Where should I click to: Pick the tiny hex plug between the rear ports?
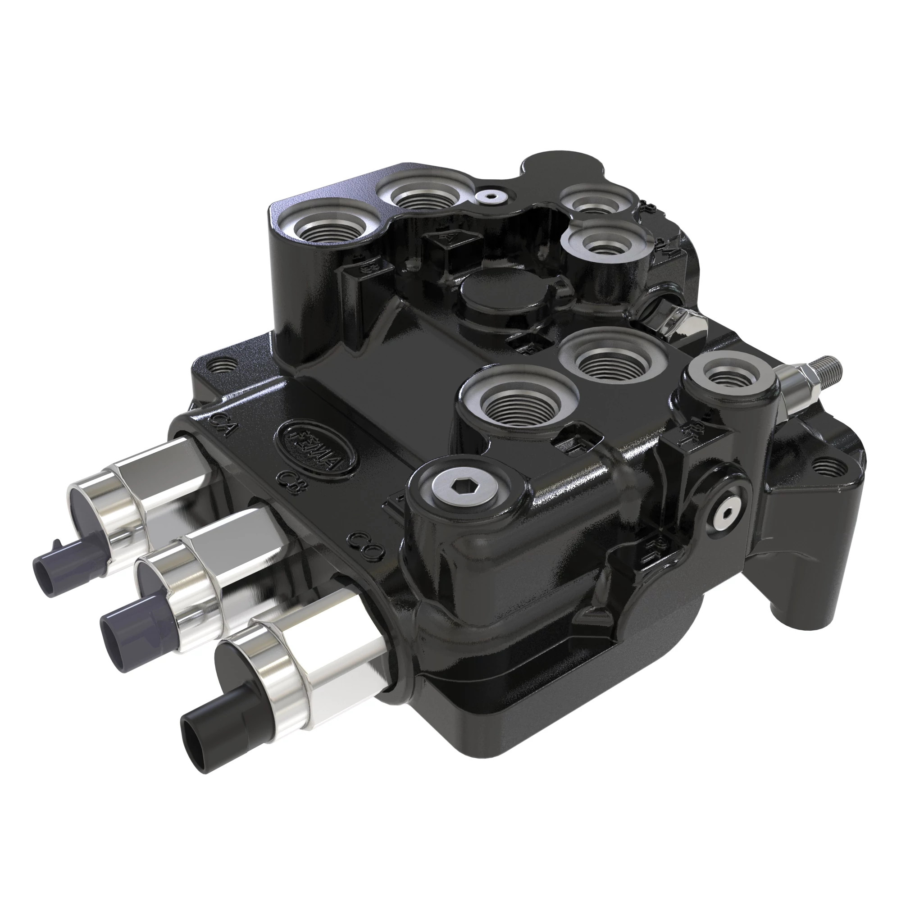490,197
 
